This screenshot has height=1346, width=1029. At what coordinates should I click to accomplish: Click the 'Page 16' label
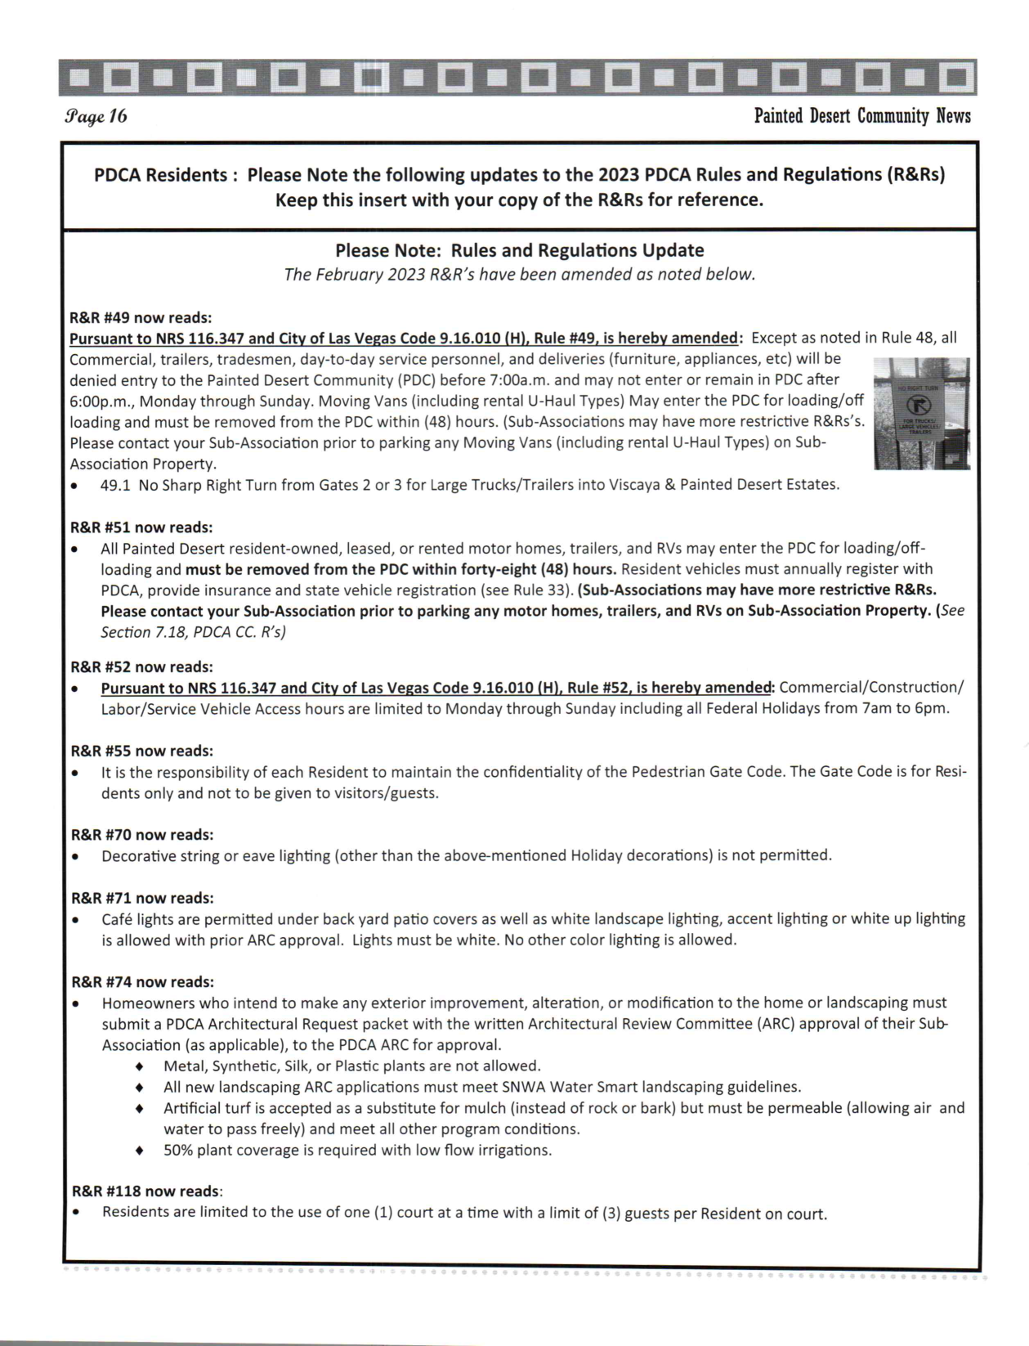click(95, 116)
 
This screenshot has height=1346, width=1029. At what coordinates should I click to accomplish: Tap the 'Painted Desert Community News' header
click(861, 116)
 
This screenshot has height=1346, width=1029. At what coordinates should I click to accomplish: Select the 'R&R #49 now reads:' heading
click(141, 317)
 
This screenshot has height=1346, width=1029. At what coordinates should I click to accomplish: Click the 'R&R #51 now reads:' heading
click(141, 527)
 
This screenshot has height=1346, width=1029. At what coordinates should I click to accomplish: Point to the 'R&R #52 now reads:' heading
click(141, 666)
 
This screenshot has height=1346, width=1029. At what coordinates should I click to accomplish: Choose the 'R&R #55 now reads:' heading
click(141, 751)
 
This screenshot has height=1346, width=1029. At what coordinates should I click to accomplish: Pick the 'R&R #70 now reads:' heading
click(141, 835)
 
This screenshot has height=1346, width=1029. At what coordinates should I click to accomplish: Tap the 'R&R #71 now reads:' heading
click(141, 898)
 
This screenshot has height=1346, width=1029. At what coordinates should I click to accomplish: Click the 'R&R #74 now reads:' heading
click(141, 981)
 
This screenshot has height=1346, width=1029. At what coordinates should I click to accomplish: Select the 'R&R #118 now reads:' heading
click(145, 1191)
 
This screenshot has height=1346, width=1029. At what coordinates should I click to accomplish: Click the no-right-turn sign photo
click(921, 413)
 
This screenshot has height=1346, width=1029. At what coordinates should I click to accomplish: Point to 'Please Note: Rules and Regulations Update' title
click(519, 250)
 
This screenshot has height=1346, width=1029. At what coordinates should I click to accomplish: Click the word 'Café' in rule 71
click(117, 919)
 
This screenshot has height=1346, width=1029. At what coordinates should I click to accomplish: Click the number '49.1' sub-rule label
click(115, 485)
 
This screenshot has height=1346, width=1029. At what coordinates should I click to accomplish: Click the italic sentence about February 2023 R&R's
click(519, 275)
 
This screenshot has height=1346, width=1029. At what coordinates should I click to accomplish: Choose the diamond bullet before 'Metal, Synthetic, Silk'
click(140, 1066)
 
